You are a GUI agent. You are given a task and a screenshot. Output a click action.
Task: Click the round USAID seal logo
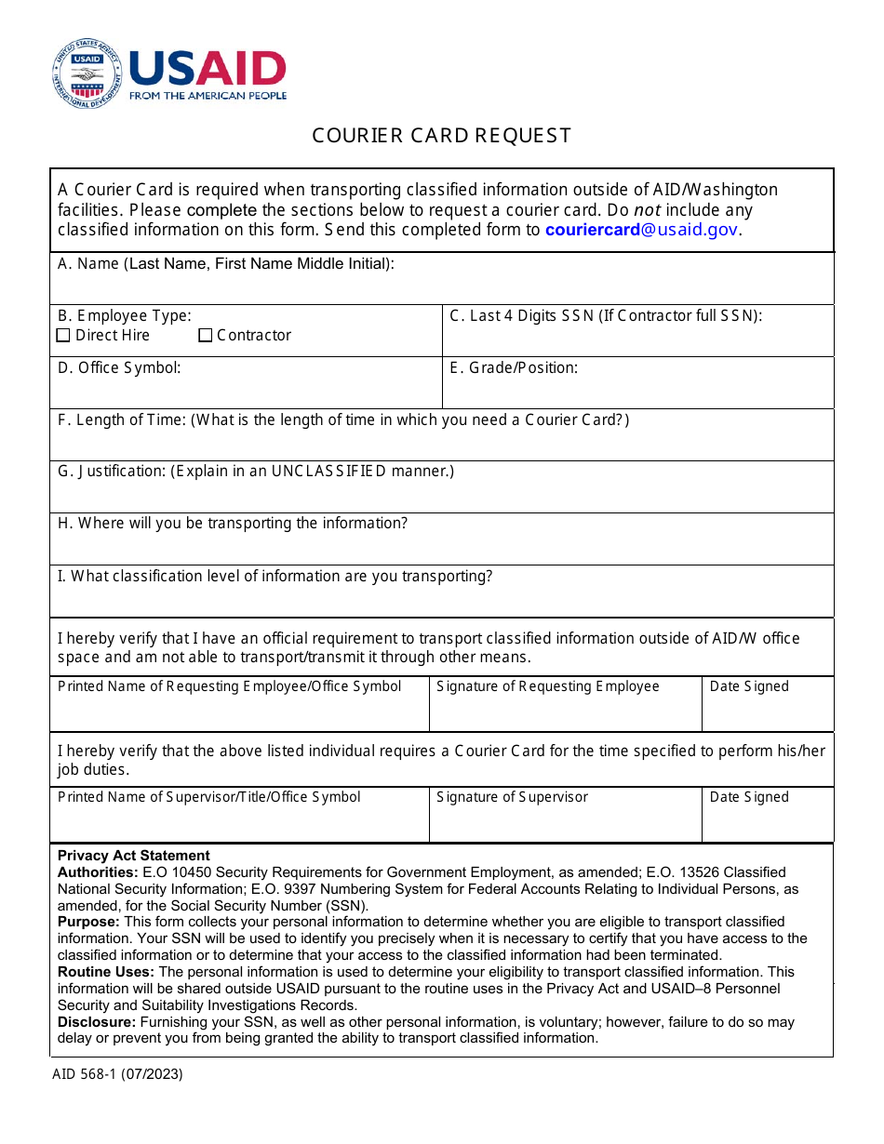pyautogui.click(x=87, y=73)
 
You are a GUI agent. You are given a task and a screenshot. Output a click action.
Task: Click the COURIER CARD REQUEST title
pyautogui.click(x=441, y=136)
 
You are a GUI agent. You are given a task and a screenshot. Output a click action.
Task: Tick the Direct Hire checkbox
pyautogui.click(x=63, y=336)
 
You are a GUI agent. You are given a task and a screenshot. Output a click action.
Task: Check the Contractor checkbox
pyautogui.click(x=206, y=336)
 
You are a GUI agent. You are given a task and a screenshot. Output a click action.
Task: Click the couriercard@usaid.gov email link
pyautogui.click(x=642, y=230)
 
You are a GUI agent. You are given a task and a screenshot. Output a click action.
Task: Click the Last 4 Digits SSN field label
pyautogui.click(x=605, y=316)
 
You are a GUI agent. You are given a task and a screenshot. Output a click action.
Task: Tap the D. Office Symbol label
pyautogui.click(x=119, y=368)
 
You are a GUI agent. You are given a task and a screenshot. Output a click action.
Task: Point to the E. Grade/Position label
pyautogui.click(x=514, y=368)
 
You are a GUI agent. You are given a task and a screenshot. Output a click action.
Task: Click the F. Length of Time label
pyautogui.click(x=122, y=420)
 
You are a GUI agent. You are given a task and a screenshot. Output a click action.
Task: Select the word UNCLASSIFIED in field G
pyautogui.click(x=328, y=472)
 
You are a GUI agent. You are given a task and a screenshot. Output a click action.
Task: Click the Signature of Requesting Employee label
pyautogui.click(x=547, y=686)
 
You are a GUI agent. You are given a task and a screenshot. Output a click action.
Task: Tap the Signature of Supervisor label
pyautogui.click(x=512, y=797)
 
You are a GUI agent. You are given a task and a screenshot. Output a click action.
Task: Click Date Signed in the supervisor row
pyautogui.click(x=749, y=797)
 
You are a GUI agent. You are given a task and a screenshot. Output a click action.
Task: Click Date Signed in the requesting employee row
pyautogui.click(x=749, y=686)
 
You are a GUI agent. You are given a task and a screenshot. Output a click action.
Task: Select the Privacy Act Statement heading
pyautogui.click(x=133, y=856)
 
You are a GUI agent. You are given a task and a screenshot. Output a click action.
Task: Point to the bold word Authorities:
pyautogui.click(x=98, y=872)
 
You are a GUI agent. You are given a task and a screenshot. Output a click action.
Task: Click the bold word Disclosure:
pyautogui.click(x=97, y=1022)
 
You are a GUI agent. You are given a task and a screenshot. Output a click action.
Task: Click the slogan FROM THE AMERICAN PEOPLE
pyautogui.click(x=208, y=96)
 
